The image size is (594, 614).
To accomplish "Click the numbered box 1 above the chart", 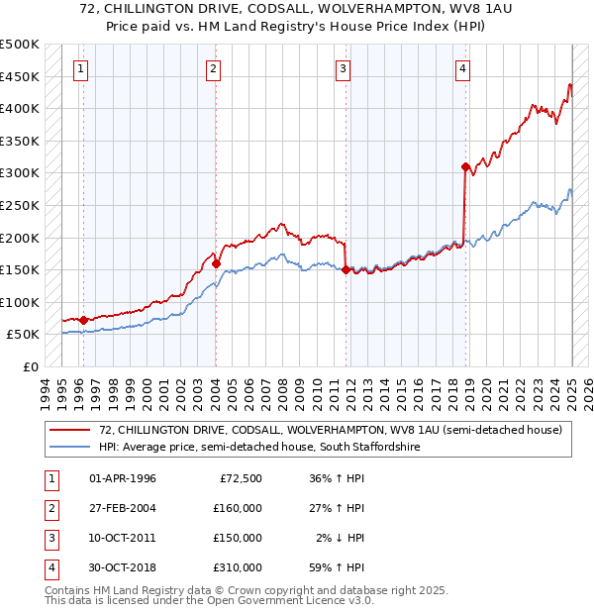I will pyautogui.click(x=79, y=68).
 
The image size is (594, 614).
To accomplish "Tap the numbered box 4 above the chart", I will pyautogui.click(x=462, y=68).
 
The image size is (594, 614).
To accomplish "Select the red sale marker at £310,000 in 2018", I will pyautogui.click(x=464, y=167).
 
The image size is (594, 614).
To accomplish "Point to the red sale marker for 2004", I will pyautogui.click(x=216, y=263).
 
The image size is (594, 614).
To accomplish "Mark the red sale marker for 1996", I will pyautogui.click(x=83, y=320).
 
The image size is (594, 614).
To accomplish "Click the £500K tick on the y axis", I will pyautogui.click(x=20, y=45).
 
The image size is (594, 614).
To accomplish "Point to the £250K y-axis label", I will pyautogui.click(x=20, y=205).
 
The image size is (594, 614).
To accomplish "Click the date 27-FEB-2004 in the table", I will pyautogui.click(x=123, y=508).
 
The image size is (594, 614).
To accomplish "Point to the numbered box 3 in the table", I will pyautogui.click(x=49, y=538).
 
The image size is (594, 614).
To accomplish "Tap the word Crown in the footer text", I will pyautogui.click(x=253, y=590).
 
